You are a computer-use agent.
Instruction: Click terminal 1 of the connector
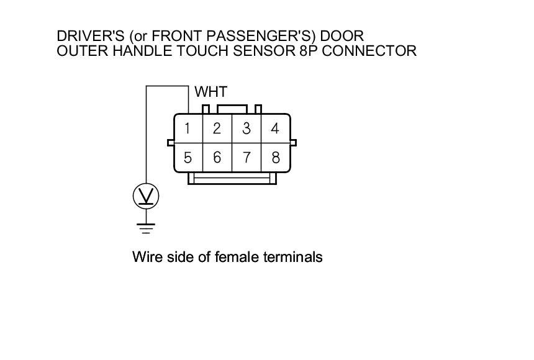[187, 129]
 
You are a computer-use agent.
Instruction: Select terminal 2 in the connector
[217, 129]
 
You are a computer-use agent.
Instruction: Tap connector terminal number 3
[247, 129]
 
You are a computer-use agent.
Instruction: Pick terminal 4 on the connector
[276, 129]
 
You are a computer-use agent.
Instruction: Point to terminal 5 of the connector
[187, 158]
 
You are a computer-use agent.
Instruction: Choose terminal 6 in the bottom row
[217, 158]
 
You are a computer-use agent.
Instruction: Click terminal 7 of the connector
[247, 158]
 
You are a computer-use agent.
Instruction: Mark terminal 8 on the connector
[276, 158]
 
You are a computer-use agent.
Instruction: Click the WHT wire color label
[211, 92]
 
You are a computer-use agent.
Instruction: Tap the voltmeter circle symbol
[146, 197]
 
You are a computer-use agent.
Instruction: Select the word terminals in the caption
[291, 256]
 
